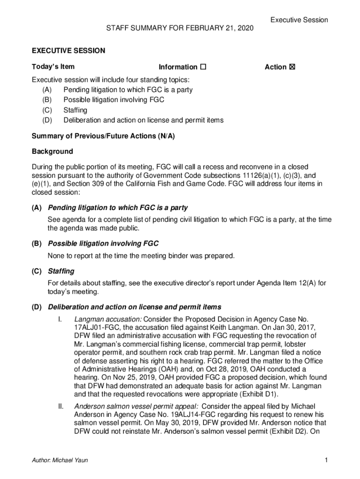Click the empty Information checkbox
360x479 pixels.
pyautogui.click(x=203, y=67)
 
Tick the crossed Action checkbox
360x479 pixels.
pyautogui.click(x=292, y=67)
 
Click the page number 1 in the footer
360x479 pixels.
pyautogui.click(x=326, y=460)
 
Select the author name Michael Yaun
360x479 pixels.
pyautogui.click(x=69, y=460)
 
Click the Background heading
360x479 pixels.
pyautogui.click(x=52, y=152)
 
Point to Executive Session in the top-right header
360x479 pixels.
pyautogui.click(x=299, y=20)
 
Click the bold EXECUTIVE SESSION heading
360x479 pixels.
pyautogui.click(x=68, y=51)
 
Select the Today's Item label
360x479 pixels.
pyautogui.click(x=53, y=67)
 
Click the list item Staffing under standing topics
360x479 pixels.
pyautogui.click(x=75, y=110)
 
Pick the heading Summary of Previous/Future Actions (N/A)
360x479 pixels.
pyautogui.click(x=103, y=136)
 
